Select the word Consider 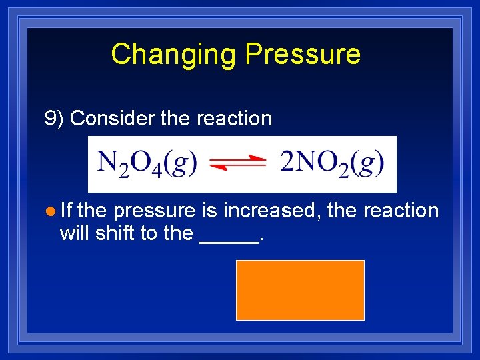click(x=112, y=119)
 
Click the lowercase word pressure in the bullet click(x=154, y=211)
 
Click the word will click(x=75, y=233)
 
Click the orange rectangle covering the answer click(x=300, y=290)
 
